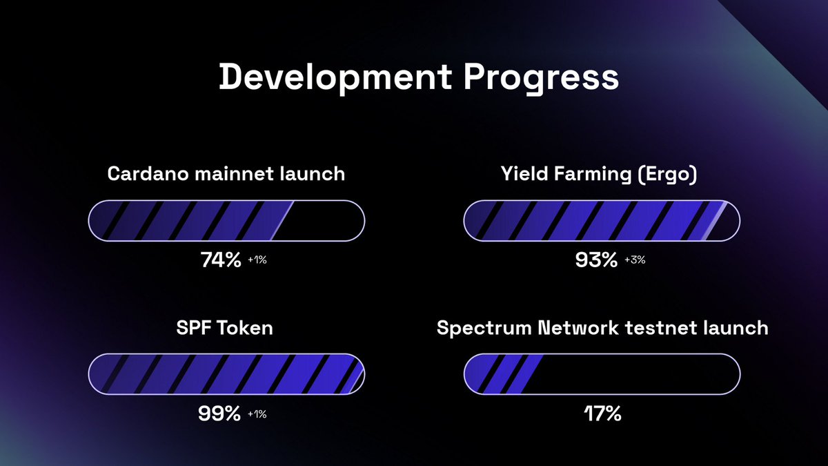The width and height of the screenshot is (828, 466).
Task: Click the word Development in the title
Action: (x=336, y=78)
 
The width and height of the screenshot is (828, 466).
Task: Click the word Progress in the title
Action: (x=540, y=78)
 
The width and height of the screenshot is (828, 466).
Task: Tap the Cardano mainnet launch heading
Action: (x=226, y=173)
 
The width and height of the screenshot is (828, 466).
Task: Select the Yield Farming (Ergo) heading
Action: (x=599, y=173)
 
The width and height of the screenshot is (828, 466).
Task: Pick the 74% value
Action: (x=220, y=260)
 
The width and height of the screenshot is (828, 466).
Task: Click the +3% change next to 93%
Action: (x=635, y=261)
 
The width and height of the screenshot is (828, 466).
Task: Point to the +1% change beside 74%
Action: (x=257, y=261)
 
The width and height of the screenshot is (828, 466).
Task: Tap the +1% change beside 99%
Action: (x=257, y=414)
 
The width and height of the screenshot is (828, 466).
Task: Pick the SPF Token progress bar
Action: (x=226, y=374)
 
